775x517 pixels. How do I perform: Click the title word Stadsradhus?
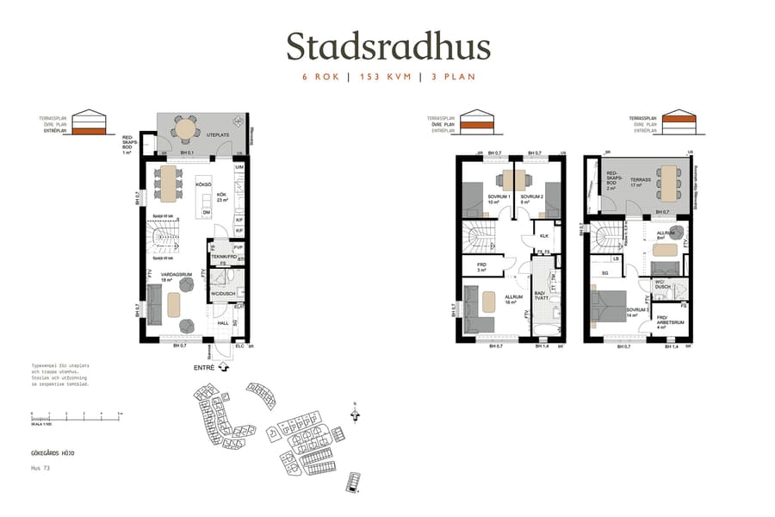(387, 47)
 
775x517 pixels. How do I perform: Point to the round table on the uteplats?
(186, 128)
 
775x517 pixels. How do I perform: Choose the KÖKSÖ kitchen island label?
(203, 184)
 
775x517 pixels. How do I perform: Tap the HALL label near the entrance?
(222, 323)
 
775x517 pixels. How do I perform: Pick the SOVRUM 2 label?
(531, 198)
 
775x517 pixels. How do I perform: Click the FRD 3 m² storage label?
(481, 267)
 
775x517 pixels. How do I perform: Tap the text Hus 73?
(40, 468)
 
